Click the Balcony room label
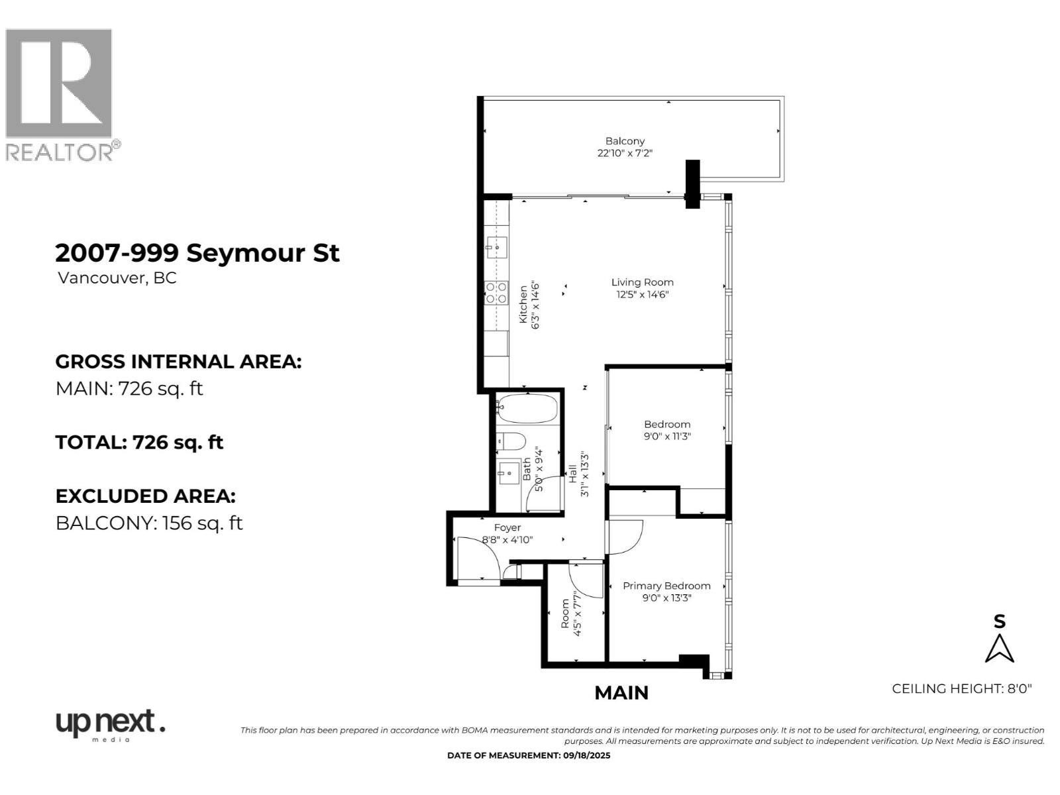[625, 141]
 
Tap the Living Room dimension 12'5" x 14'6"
[642, 295]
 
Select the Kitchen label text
[523, 305]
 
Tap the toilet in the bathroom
[511, 441]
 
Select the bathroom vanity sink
[509, 473]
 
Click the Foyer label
[507, 527]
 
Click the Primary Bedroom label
[666, 586]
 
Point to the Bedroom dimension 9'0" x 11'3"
[667, 437]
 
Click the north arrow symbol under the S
[999, 649]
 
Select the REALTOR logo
[62, 95]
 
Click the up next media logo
[109, 724]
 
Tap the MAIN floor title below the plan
[621, 693]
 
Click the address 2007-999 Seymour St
[197, 253]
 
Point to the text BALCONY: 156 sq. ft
[149, 523]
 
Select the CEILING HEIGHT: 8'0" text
[961, 688]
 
